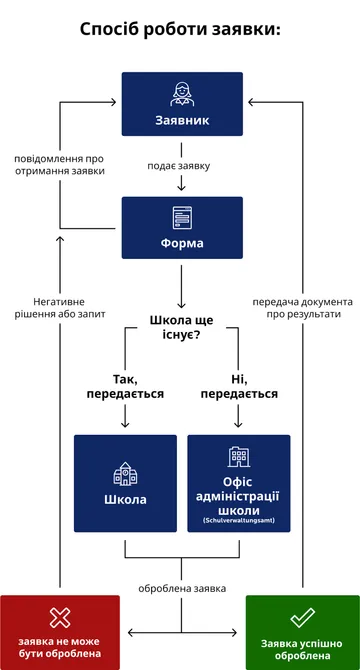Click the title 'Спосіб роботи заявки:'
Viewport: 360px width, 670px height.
(x=180, y=29)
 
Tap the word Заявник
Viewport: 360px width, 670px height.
(x=182, y=120)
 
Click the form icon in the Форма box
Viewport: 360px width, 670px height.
(x=182, y=216)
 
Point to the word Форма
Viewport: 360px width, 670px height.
(x=182, y=243)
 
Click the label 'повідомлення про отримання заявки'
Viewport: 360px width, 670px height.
(x=59, y=164)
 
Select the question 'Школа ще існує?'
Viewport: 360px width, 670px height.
(x=182, y=327)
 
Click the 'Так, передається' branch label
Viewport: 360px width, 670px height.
(x=125, y=386)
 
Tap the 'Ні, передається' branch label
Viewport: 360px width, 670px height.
(x=239, y=386)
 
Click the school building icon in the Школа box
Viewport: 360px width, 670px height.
(x=125, y=471)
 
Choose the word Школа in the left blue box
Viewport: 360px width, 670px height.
(x=125, y=499)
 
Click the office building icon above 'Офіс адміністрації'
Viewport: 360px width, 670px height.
(x=239, y=457)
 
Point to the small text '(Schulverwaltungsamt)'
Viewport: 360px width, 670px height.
(x=239, y=521)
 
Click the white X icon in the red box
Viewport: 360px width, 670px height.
(x=60, y=617)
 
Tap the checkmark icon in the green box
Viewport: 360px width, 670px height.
(x=302, y=617)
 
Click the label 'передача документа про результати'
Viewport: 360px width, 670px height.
(x=302, y=307)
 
